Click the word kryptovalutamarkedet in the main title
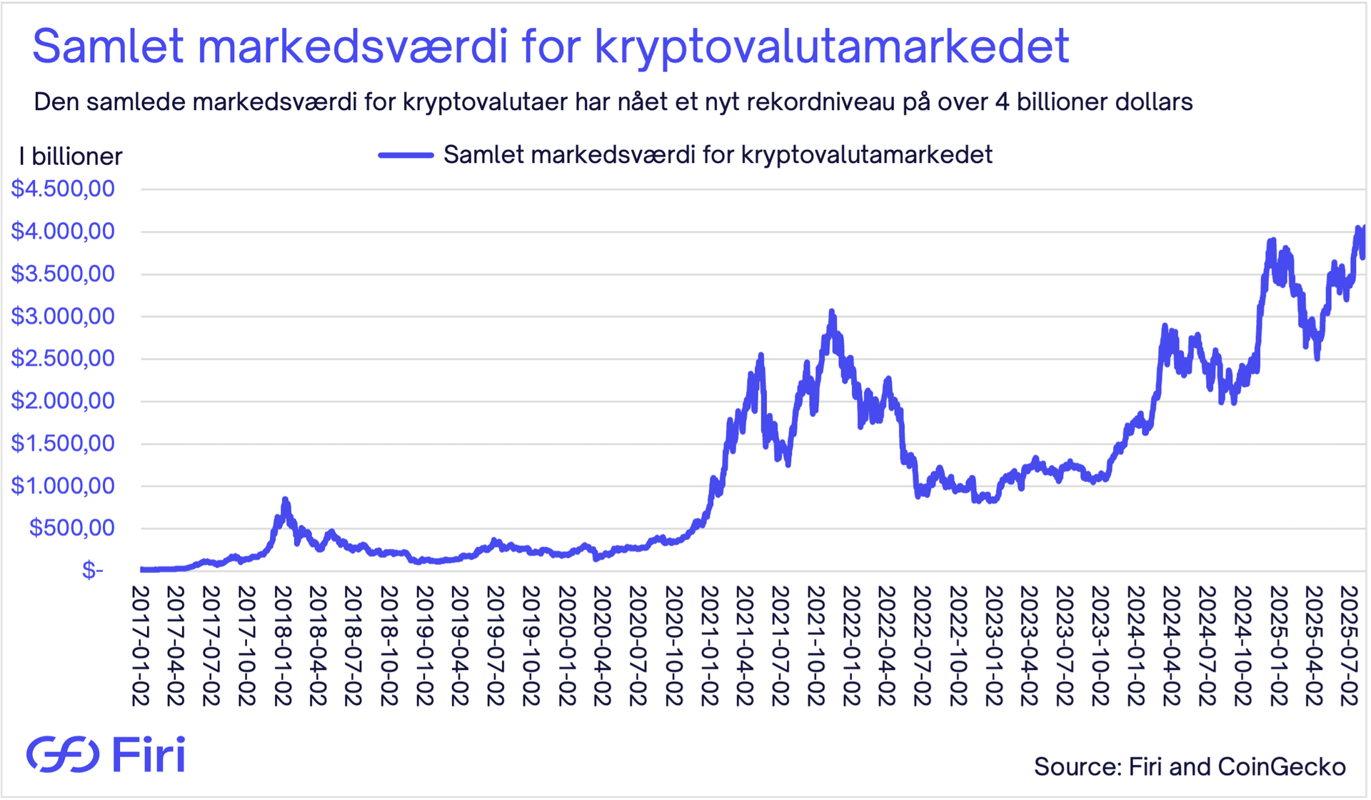point(831,47)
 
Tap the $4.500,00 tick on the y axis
point(63,189)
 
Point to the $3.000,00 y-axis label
point(63,316)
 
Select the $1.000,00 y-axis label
point(63,486)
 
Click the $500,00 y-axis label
point(71,529)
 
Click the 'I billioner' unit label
point(71,156)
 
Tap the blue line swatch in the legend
point(406,155)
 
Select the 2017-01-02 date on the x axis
point(140,646)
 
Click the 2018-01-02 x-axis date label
point(282,646)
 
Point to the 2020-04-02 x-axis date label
point(602,646)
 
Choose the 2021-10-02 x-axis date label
point(815,646)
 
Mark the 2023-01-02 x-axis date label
point(993,646)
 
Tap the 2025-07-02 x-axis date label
point(1349,646)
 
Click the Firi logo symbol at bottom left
point(63,754)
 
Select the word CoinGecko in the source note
point(1281,767)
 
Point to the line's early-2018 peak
point(285,500)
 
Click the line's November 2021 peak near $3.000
point(832,312)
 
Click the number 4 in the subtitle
point(1002,102)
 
